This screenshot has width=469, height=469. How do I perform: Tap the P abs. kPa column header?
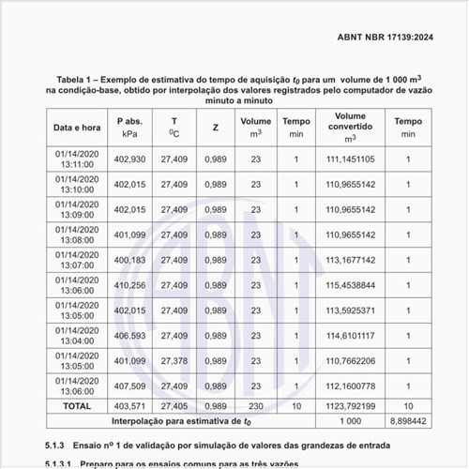129,127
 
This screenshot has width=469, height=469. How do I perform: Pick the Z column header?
216,127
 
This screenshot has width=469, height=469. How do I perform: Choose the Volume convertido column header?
350,127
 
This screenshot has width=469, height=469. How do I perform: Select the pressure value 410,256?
129,285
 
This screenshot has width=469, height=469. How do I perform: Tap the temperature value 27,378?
174,360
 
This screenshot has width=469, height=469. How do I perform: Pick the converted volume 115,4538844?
350,285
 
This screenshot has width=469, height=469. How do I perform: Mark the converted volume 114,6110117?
350,336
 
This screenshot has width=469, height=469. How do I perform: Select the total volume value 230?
255,406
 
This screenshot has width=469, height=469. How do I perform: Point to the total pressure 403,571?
129,406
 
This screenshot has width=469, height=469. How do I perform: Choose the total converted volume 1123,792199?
350,406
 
